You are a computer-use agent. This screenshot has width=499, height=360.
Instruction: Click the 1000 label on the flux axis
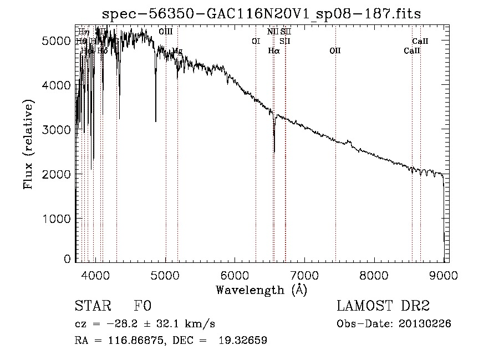[x=58, y=219]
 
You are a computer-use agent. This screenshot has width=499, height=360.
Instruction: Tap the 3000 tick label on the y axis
[x=58, y=130]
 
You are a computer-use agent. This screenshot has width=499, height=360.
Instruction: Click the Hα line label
[x=274, y=50]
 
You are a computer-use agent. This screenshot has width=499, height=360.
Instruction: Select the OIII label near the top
[x=166, y=32]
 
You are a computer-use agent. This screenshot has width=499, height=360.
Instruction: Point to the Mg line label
[x=177, y=50]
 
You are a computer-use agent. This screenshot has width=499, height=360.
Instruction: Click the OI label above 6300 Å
[x=256, y=40]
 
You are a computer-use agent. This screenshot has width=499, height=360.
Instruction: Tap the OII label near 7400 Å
[x=335, y=50]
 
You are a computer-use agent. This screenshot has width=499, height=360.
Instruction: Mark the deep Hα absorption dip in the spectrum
[x=274, y=149]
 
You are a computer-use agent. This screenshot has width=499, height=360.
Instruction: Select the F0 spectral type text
[x=142, y=306]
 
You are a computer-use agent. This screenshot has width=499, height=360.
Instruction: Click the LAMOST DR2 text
[x=383, y=306]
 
